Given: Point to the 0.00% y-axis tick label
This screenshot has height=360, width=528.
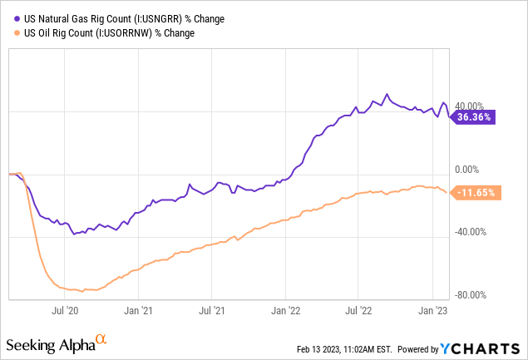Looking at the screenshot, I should coord(471,169).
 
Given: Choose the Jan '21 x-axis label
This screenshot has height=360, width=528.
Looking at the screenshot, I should coord(138,310).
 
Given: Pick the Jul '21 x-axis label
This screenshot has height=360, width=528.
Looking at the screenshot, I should coord(211,310).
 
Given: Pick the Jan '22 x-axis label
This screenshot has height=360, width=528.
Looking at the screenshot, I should coord(285,310).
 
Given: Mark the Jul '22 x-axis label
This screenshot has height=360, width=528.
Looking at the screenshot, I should coord(358,310).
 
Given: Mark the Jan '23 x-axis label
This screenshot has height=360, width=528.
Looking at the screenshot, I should coord(432,310).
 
